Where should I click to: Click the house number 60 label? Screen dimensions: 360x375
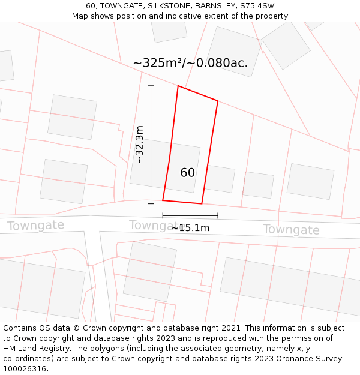tap(187, 173)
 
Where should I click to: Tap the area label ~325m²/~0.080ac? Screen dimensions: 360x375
tap(190, 63)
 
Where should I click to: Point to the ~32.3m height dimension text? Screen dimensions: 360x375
tap(139, 144)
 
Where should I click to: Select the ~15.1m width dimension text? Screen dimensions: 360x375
tap(190, 228)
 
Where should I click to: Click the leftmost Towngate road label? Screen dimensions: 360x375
tap(35, 226)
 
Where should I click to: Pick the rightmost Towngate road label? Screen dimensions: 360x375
tap(291, 230)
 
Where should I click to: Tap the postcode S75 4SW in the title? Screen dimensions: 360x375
tap(259, 5)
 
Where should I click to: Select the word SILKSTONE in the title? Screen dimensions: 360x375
tap(161, 5)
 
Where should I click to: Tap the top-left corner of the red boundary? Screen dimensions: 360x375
tap(178, 86)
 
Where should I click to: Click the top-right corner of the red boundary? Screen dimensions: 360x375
tap(218, 101)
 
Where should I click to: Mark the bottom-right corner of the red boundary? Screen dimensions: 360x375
tap(202, 204)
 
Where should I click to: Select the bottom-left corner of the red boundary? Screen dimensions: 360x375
tap(163, 200)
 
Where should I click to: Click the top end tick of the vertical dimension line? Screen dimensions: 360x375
tap(151, 86)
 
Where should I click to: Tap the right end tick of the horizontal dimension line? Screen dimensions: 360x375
tap(218, 215)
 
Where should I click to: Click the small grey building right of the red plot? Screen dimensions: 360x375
tap(220, 179)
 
